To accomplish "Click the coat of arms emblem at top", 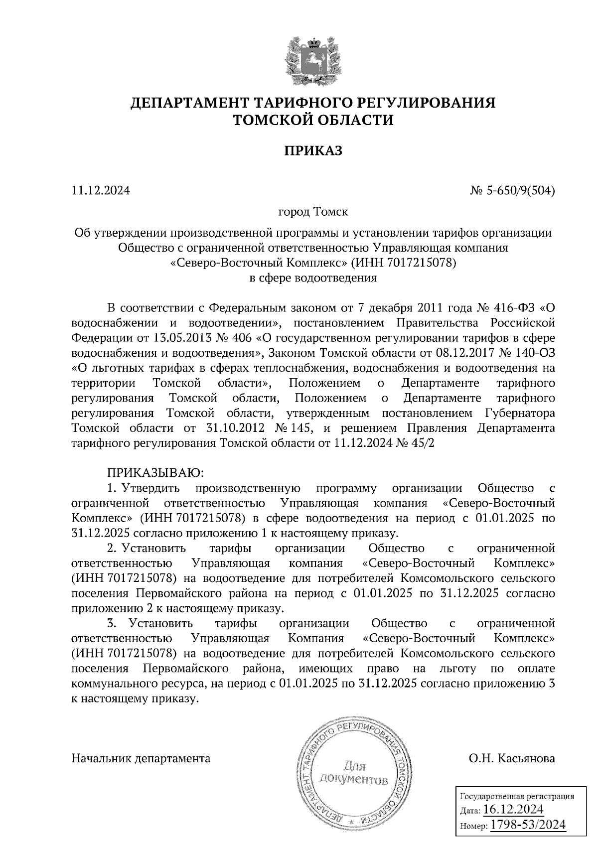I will coord(313,61).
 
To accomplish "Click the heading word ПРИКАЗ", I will coord(313,150).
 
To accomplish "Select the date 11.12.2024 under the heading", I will coord(101,190).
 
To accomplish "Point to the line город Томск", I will coord(313,212).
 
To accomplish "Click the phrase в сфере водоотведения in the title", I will coord(313,278).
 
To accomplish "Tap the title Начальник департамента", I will coord(141,758).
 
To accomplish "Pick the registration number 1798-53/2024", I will coord(528,825).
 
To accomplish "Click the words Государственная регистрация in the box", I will coord(516,796).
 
